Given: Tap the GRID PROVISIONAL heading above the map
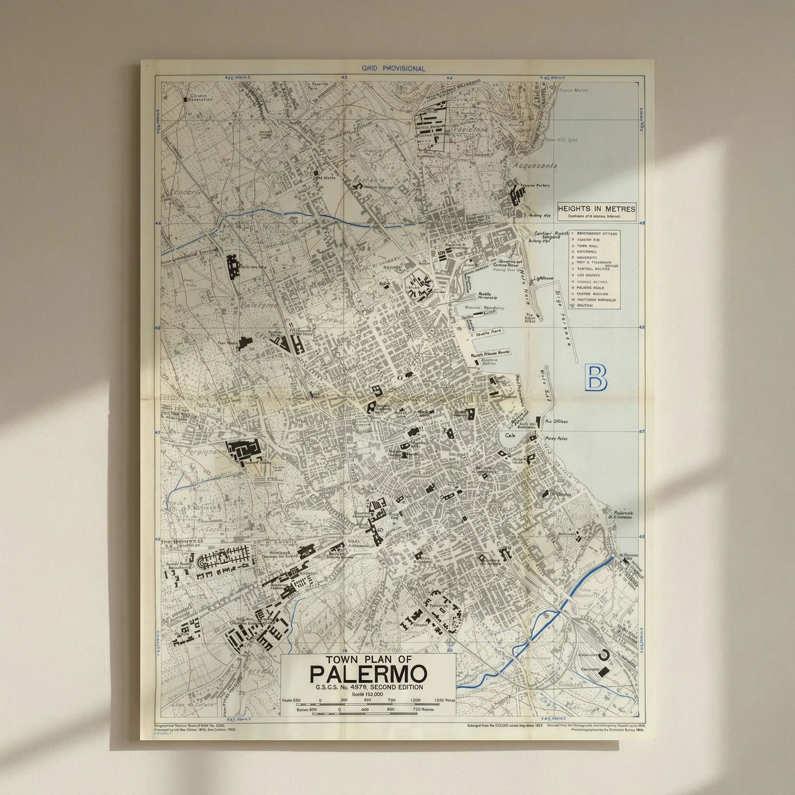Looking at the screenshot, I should (394, 69).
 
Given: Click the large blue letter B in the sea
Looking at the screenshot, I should (596, 378).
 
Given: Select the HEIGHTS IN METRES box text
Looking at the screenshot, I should (596, 209).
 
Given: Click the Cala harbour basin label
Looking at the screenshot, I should (510, 435).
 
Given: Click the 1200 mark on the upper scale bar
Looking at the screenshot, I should (415, 700).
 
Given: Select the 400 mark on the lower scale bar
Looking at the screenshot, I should (365, 710).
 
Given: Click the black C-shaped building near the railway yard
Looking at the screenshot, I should (605, 655).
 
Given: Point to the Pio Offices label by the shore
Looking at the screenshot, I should (556, 421).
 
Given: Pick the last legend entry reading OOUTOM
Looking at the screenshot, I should (585, 306).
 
